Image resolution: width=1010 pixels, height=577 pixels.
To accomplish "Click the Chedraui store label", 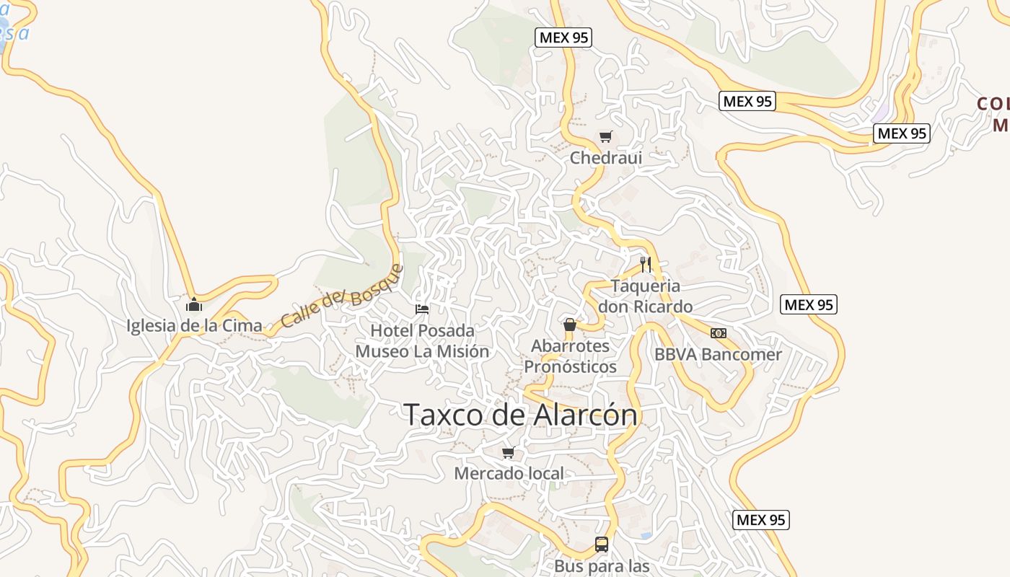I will tap(605, 157).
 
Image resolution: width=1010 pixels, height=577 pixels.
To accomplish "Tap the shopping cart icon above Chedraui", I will tap(605, 136).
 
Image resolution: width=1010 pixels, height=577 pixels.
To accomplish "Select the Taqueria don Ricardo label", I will tap(645, 296).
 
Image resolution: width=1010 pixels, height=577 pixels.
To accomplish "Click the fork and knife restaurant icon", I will tap(646, 265).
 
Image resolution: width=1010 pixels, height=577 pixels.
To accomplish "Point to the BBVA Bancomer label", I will tap(718, 354).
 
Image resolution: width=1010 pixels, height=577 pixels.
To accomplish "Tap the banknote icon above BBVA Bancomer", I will tap(718, 333).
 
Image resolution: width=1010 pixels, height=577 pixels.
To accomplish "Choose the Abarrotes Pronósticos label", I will tap(570, 356).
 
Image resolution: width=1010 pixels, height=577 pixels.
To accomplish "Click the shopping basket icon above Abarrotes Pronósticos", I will tap(570, 325).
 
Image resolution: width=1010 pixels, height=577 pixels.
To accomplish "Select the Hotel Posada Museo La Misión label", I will tap(422, 341).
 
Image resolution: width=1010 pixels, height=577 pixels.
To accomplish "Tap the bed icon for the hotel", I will tap(422, 309).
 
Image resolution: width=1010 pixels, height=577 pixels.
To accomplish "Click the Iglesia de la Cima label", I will tap(194, 325).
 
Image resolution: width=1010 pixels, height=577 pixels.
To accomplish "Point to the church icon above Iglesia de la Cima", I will tap(193, 304).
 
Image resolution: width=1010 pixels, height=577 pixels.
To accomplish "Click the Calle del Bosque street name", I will tap(341, 296).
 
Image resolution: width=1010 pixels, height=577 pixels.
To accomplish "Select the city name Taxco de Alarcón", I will tap(520, 415).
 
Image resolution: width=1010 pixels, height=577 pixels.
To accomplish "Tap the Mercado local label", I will tap(509, 474).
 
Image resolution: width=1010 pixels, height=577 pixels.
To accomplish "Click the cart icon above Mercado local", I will tap(508, 453).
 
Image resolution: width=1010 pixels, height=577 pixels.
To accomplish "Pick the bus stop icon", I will tap(602, 545).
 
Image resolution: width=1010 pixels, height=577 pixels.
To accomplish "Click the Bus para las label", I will tap(602, 566).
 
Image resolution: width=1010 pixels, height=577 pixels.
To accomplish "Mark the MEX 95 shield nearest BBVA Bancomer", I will tap(809, 305).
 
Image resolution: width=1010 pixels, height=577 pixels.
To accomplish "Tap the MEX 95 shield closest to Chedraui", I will tap(563, 38).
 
